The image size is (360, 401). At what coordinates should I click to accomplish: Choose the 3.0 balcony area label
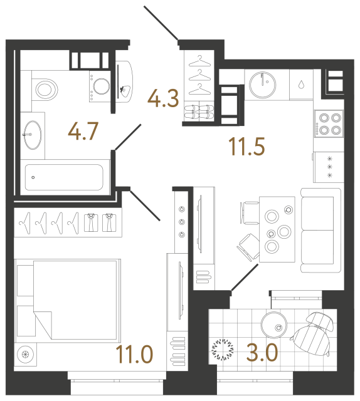click(263, 352)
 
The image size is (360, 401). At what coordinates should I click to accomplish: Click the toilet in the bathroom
click(44, 88)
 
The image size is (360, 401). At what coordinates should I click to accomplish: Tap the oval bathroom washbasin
click(33, 132)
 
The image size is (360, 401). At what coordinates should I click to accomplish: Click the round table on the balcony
click(274, 325)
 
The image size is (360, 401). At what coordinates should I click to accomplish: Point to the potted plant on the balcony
click(223, 348)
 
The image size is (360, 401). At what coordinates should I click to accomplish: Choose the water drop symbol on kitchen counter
click(302, 84)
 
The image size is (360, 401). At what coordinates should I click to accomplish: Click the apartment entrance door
click(162, 24)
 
